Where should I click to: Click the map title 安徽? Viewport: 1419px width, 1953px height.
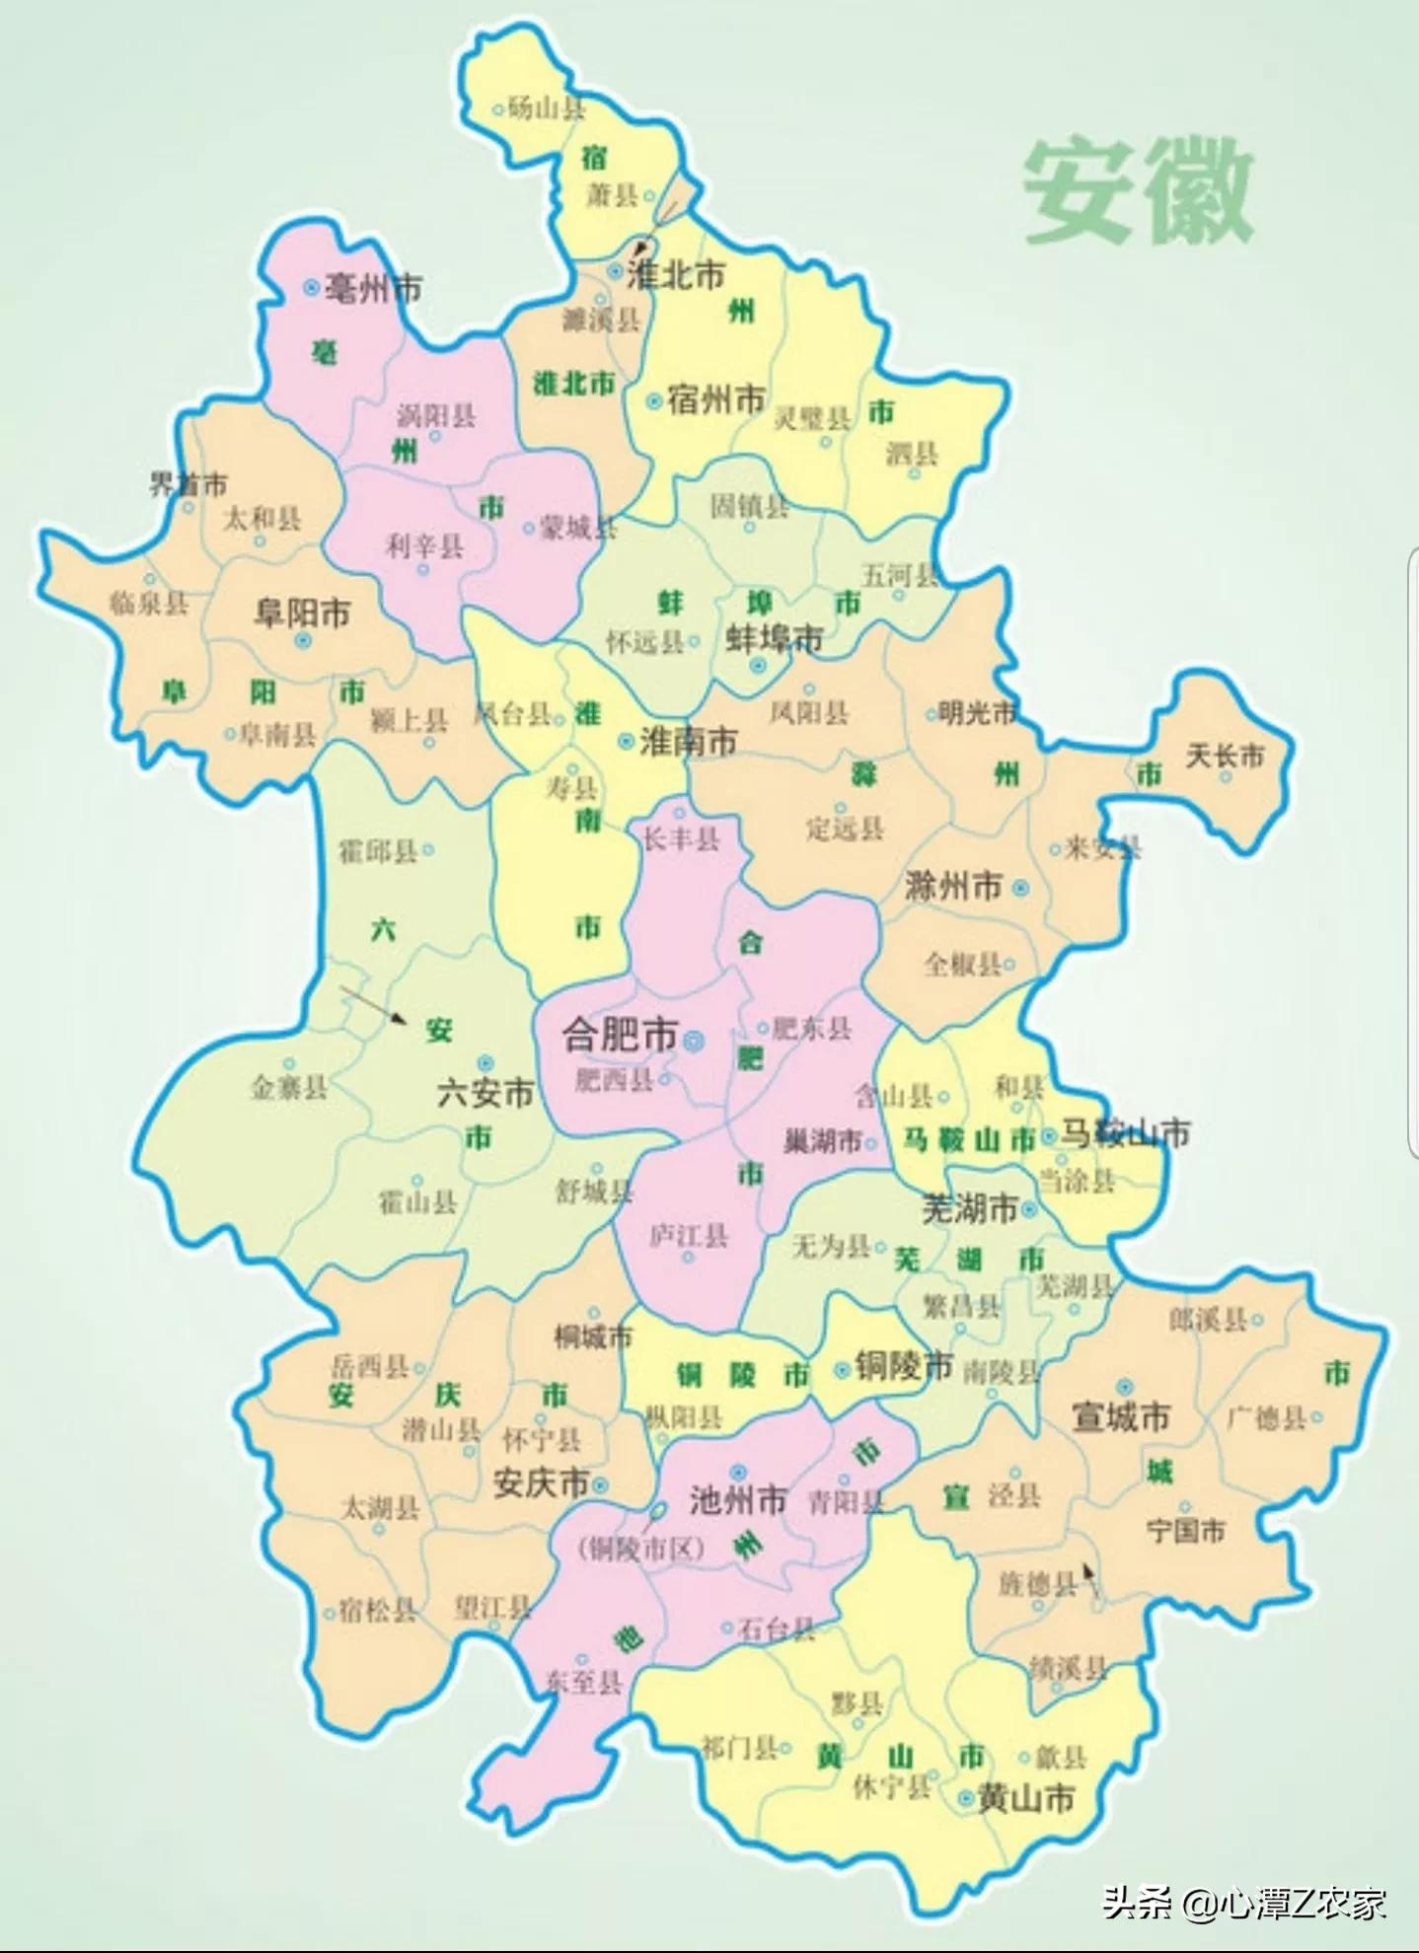click(x=1138, y=191)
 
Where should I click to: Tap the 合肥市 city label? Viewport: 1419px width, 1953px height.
click(x=620, y=1035)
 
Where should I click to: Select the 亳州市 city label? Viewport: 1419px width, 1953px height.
click(x=374, y=288)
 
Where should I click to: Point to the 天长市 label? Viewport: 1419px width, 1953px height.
click(x=1225, y=756)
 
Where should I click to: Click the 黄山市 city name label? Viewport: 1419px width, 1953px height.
click(x=1025, y=1799)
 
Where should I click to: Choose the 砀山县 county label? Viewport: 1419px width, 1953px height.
click(x=547, y=108)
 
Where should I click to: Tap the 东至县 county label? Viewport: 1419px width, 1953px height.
click(x=584, y=1682)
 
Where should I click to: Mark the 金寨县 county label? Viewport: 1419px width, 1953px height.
click(x=289, y=1087)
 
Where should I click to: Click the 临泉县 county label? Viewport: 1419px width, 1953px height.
click(x=149, y=602)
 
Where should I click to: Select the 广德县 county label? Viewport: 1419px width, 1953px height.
click(x=1267, y=1418)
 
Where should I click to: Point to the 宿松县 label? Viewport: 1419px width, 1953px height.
click(x=378, y=1611)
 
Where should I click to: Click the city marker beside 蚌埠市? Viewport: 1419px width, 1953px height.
click(x=758, y=666)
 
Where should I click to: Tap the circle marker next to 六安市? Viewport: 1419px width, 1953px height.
click(x=485, y=1063)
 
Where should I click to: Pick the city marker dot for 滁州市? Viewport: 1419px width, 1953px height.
click(x=1020, y=888)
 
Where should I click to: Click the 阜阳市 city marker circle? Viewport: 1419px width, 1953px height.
click(x=303, y=640)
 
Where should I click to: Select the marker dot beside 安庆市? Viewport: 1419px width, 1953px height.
click(x=600, y=1483)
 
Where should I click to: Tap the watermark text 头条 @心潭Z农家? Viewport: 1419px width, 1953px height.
click(x=1244, y=1903)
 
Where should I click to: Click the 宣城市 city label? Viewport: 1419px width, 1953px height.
click(x=1121, y=1417)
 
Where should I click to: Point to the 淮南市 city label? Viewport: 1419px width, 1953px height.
click(x=689, y=741)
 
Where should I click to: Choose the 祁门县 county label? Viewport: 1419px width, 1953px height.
click(x=739, y=1748)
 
